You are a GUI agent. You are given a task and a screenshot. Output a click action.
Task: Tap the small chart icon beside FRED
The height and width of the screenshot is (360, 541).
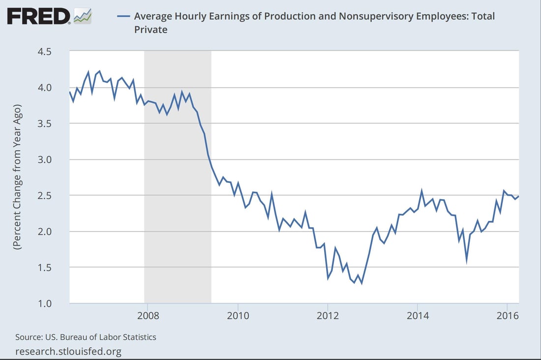(82, 16)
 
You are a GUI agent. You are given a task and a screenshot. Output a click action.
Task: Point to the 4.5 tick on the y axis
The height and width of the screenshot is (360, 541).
(48, 52)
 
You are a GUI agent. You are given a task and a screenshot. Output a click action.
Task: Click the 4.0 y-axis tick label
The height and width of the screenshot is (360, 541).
(48, 88)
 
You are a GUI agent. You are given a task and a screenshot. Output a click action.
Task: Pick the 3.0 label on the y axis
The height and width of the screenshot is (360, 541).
(48, 159)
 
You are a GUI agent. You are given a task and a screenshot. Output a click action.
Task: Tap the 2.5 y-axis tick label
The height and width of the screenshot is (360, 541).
(48, 195)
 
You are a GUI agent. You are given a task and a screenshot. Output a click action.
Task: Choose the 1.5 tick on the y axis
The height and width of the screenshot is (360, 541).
(48, 267)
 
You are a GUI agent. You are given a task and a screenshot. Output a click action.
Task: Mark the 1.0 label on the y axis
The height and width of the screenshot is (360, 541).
(48, 303)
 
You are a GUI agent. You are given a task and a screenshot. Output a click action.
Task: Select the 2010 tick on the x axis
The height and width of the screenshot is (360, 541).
(238, 315)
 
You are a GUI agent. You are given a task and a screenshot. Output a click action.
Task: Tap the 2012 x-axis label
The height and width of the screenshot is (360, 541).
(328, 315)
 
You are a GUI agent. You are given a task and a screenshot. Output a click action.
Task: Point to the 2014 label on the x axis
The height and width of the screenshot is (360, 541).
(418, 315)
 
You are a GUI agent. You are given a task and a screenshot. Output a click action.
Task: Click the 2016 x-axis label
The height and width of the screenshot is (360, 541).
(508, 315)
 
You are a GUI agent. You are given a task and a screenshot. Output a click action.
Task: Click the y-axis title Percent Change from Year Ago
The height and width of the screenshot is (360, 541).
(18, 178)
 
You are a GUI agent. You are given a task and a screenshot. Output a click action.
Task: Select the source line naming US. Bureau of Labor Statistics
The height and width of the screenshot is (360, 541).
(86, 337)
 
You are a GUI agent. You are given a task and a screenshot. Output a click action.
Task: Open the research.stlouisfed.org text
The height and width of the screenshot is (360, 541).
(68, 351)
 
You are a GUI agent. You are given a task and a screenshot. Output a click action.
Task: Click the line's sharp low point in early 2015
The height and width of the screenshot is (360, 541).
(466, 262)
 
